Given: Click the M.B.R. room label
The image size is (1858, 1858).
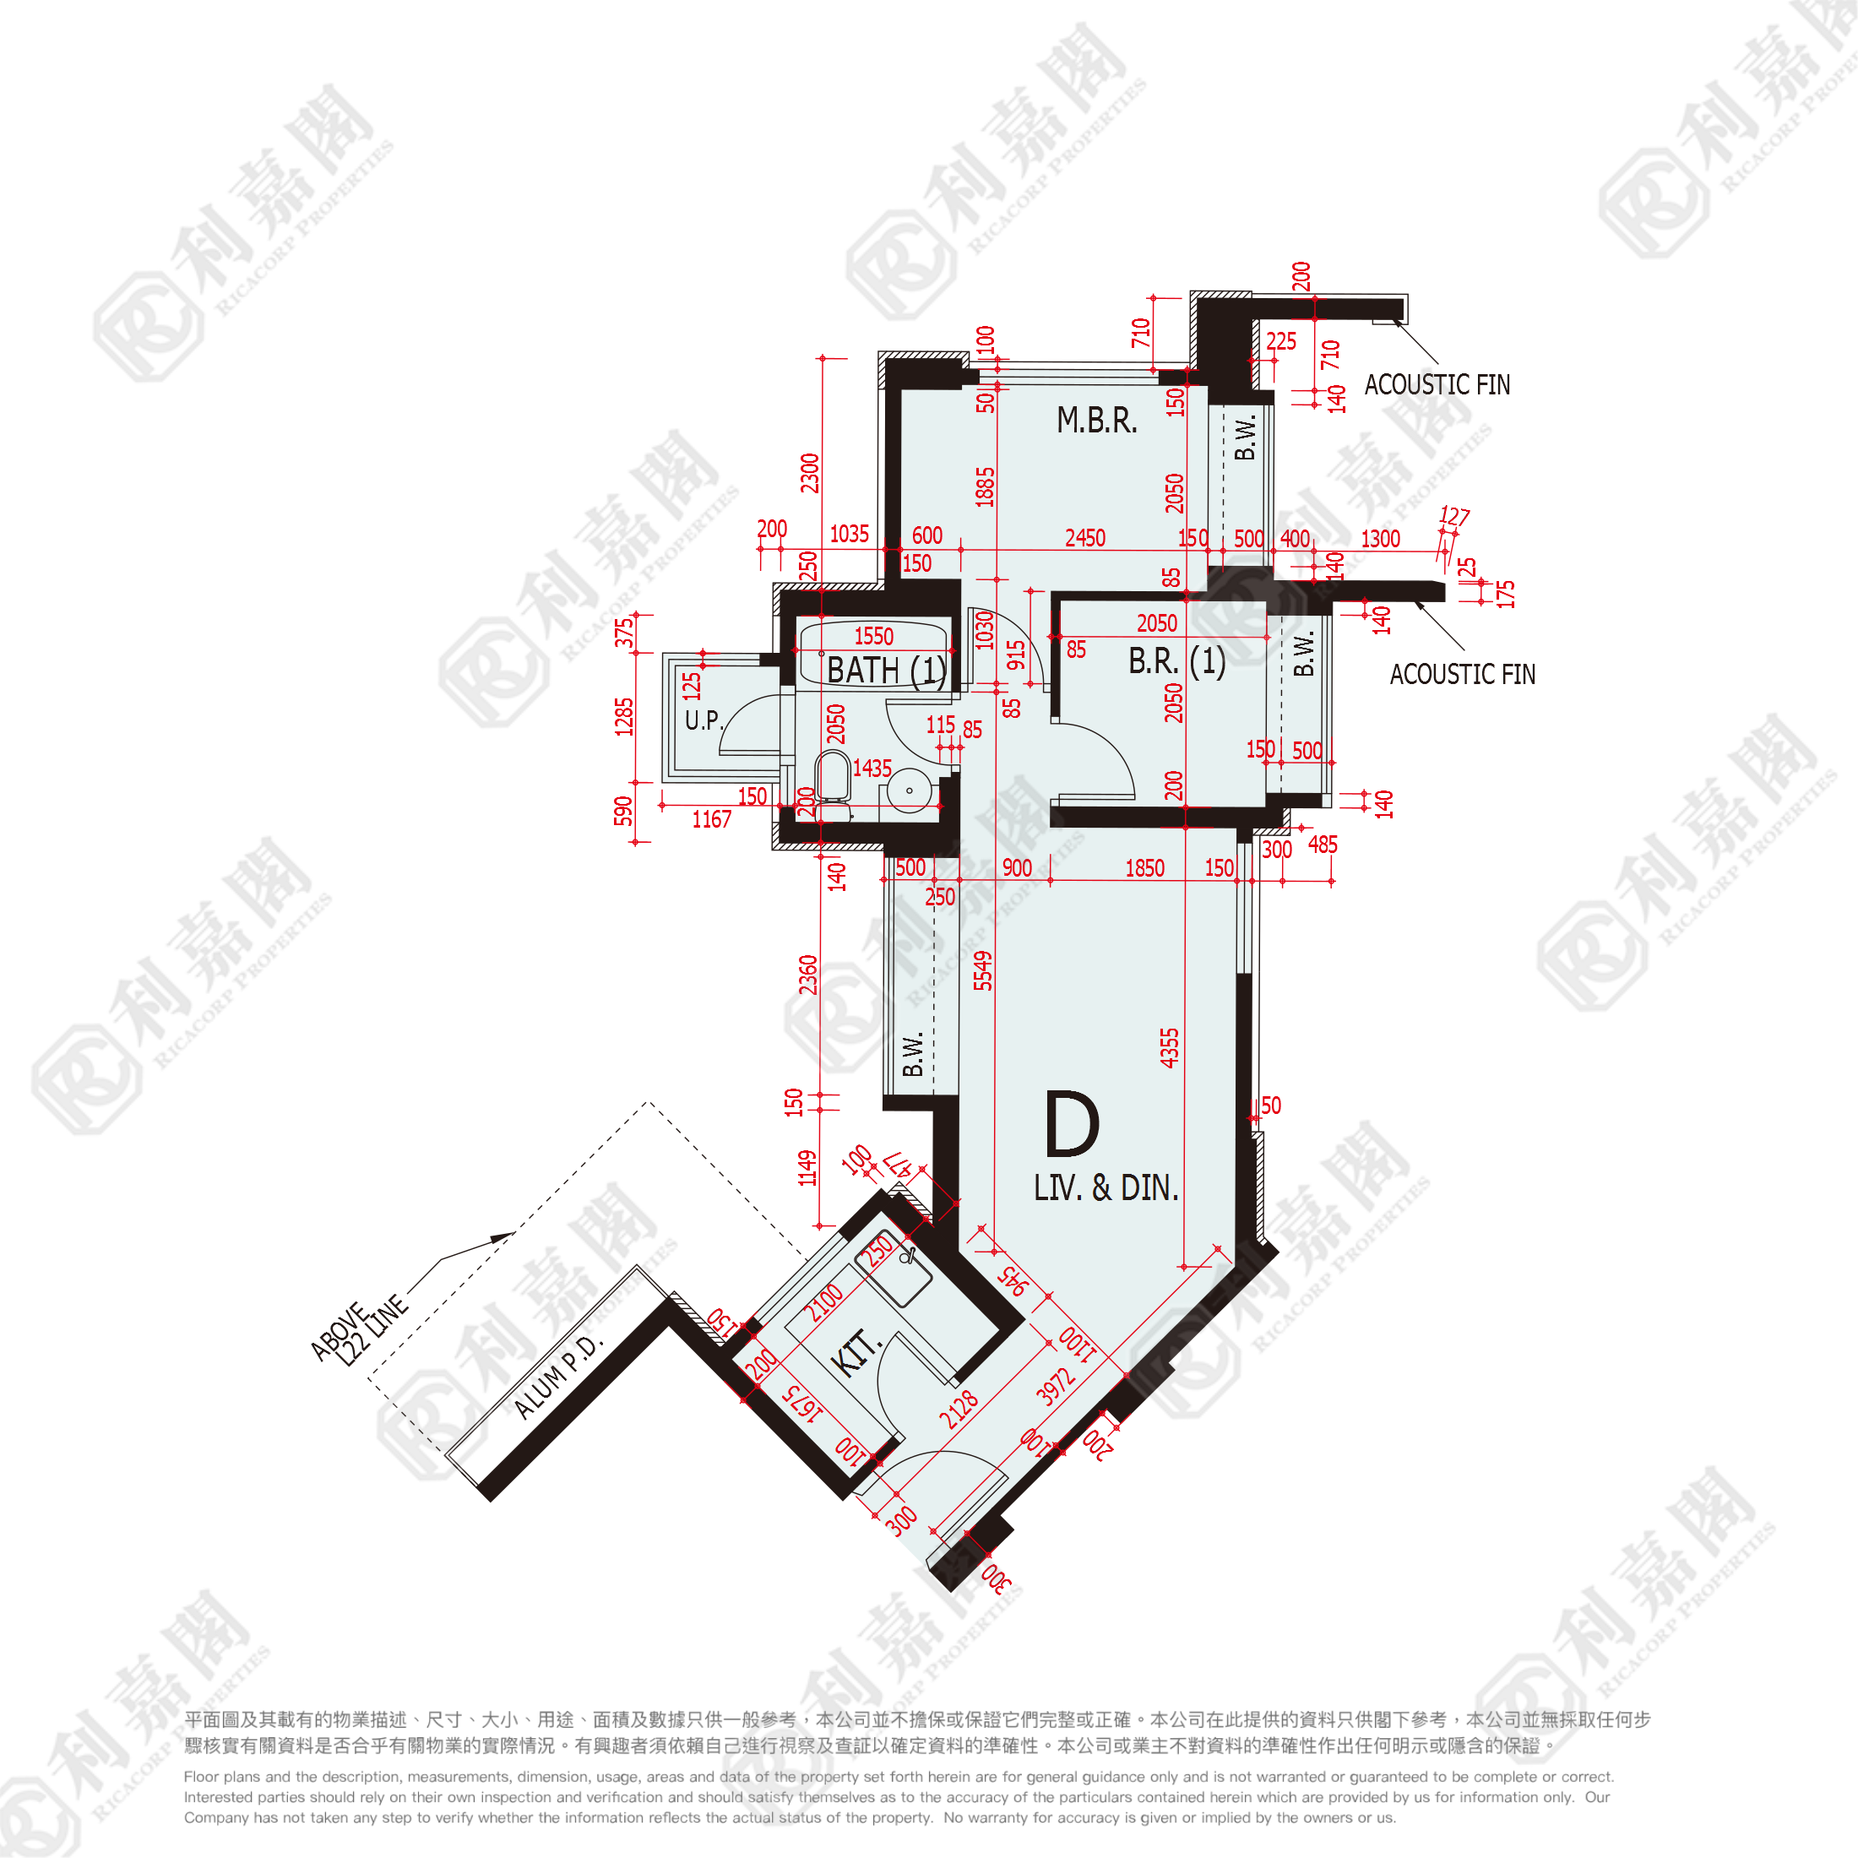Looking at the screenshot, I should click(x=1096, y=421).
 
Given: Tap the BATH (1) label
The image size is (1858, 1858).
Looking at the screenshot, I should click(x=886, y=671).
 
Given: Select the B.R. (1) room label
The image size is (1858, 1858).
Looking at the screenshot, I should click(x=1176, y=661).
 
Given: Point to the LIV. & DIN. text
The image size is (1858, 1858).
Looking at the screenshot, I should click(x=1106, y=1187).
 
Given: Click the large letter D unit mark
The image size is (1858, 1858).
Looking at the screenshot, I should click(x=1072, y=1124).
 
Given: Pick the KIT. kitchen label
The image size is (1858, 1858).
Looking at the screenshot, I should click(x=854, y=1354).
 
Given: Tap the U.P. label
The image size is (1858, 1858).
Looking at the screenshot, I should click(x=703, y=720).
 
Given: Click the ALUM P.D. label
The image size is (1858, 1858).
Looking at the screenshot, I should click(x=557, y=1377).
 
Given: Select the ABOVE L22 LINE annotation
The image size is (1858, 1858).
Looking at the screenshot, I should click(x=358, y=1331).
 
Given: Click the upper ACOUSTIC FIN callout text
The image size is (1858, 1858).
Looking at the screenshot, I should click(x=1437, y=384).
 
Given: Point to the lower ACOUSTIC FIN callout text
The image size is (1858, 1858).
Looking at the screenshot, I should click(x=1462, y=674).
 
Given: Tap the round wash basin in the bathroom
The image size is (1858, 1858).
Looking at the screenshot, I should click(x=909, y=791).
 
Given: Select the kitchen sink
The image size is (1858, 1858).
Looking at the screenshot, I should click(x=894, y=1268).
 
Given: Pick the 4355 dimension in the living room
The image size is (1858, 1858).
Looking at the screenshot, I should click(x=1169, y=1047).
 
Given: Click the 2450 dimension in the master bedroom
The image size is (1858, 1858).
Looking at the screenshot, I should click(x=1084, y=538).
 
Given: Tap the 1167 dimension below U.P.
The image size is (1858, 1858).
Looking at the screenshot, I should click(x=712, y=819).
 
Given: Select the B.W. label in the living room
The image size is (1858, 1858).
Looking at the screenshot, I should click(x=913, y=1054).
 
